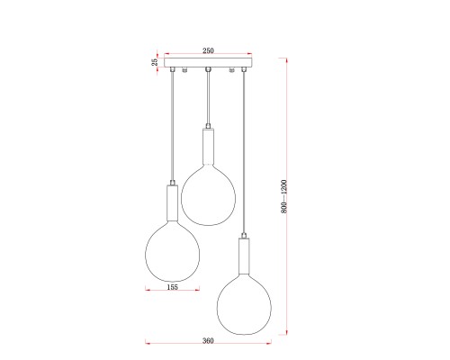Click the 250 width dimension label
208,50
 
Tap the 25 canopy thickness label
155,62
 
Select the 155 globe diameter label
172,287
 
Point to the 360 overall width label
208,341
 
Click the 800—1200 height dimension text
283,196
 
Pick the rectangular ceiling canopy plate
209,62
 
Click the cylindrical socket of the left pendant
172,202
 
